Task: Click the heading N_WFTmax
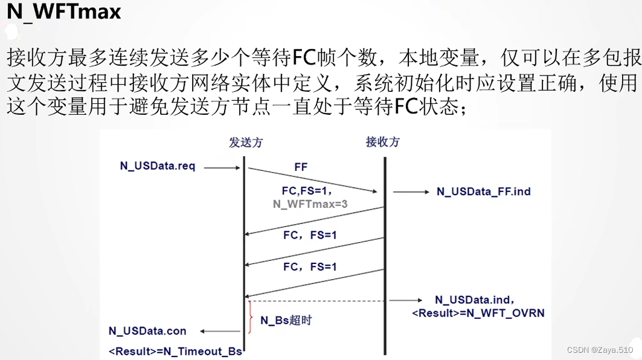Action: [64, 13]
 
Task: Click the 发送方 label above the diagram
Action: [246, 143]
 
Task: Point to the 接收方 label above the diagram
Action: [383, 143]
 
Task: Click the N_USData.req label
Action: [157, 166]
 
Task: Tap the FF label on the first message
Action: [301, 166]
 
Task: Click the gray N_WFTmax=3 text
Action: [310, 204]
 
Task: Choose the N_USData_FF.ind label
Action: [483, 192]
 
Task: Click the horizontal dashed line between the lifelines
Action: [315, 300]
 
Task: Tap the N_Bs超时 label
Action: [286, 320]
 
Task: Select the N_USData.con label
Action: [147, 331]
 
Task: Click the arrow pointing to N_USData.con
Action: [220, 331]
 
